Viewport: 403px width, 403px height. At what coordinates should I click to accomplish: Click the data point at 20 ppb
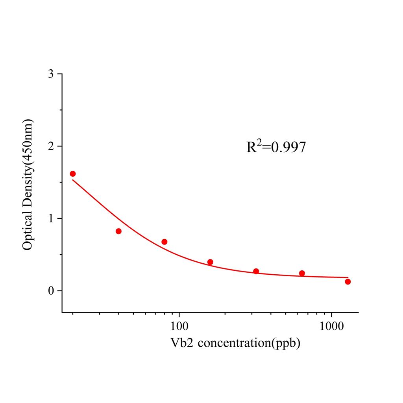point(73,174)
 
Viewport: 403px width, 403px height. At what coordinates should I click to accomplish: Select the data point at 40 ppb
point(118,231)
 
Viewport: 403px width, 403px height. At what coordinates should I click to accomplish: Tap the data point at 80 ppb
point(165,242)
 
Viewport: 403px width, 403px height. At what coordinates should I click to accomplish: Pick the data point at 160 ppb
point(210,262)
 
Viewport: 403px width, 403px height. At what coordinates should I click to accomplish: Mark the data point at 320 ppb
point(256,271)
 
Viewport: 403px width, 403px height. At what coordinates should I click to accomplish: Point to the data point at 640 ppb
point(302,273)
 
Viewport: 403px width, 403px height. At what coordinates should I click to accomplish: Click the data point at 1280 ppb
point(348,281)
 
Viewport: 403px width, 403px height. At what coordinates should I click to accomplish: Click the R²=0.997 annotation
point(276,147)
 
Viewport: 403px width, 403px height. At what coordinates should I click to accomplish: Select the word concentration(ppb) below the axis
point(249,343)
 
